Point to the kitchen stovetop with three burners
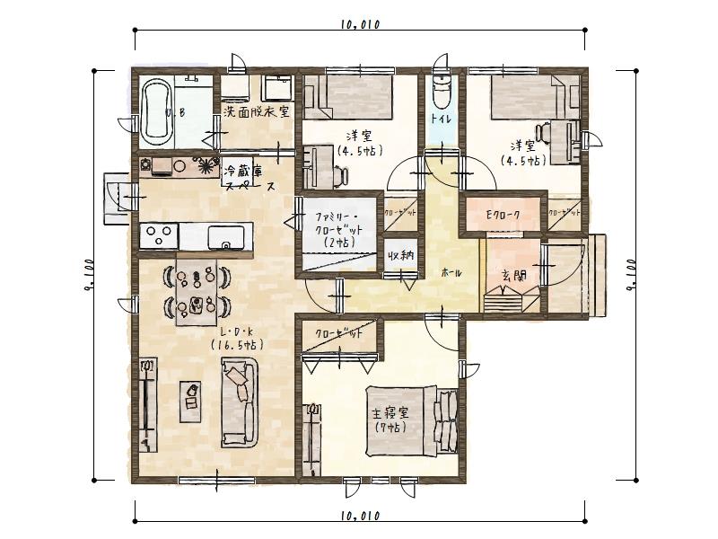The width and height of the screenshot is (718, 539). tap(159, 236)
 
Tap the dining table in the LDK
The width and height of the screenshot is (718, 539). tap(197, 290)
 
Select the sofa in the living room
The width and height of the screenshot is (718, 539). tap(240, 402)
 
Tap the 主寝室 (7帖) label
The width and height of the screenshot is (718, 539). tap(390, 420)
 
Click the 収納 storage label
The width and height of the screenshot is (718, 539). tap(401, 256)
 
